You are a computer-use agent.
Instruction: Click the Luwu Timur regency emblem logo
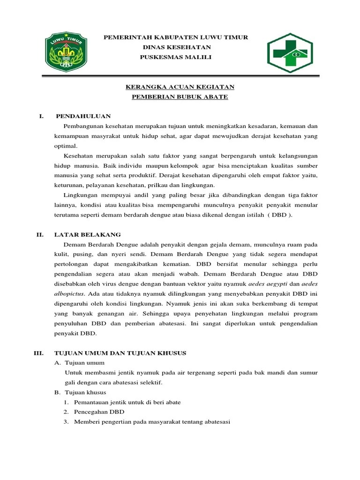[66, 50]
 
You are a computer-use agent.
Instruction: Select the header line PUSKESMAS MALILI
[176, 57]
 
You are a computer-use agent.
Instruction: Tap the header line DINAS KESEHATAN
[176, 47]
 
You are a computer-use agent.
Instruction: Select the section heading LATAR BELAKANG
[88, 234]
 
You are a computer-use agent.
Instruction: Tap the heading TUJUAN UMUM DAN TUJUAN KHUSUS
[120, 352]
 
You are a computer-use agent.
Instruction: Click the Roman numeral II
[40, 234]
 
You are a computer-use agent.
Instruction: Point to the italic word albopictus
[69, 294]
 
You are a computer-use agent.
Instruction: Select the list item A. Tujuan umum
[80, 363]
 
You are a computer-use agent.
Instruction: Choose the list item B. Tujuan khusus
[80, 392]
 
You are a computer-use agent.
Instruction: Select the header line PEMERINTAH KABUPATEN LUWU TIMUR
[176, 37]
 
